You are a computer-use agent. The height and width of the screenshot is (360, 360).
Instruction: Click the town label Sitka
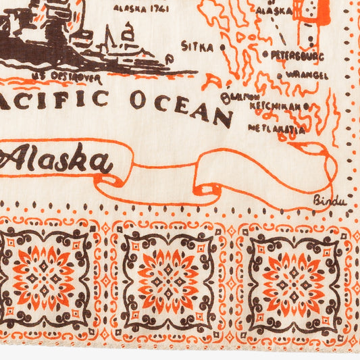198,47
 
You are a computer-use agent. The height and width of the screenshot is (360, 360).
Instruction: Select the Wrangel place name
307,74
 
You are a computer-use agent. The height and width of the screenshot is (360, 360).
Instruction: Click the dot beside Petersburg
265,54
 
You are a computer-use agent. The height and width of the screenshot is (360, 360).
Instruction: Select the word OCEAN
180,105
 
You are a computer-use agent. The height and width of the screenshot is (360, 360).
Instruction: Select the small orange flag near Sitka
211,81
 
